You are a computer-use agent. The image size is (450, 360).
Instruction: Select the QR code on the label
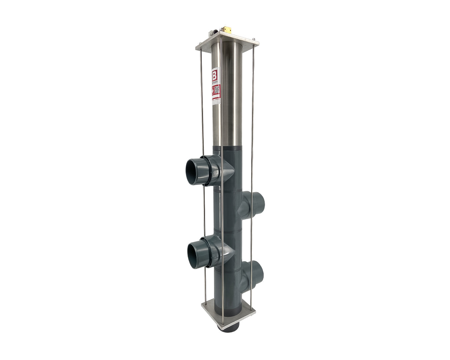217,89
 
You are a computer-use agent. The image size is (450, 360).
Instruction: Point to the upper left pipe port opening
194,171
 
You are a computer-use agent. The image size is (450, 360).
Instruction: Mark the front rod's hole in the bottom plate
222,322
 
